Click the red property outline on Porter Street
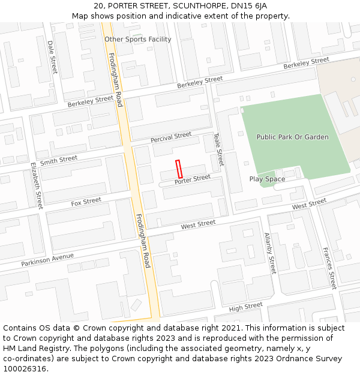tap(178, 169)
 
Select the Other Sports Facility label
tap(137, 39)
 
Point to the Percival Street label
tap(171, 137)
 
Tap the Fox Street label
tap(86, 202)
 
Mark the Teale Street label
tap(219, 149)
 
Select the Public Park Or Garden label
tap(292, 137)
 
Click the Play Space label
tap(267, 179)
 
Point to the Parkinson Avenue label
tap(47, 260)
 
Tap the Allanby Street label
tap(270, 253)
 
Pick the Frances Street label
tap(329, 268)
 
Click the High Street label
tap(246, 307)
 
